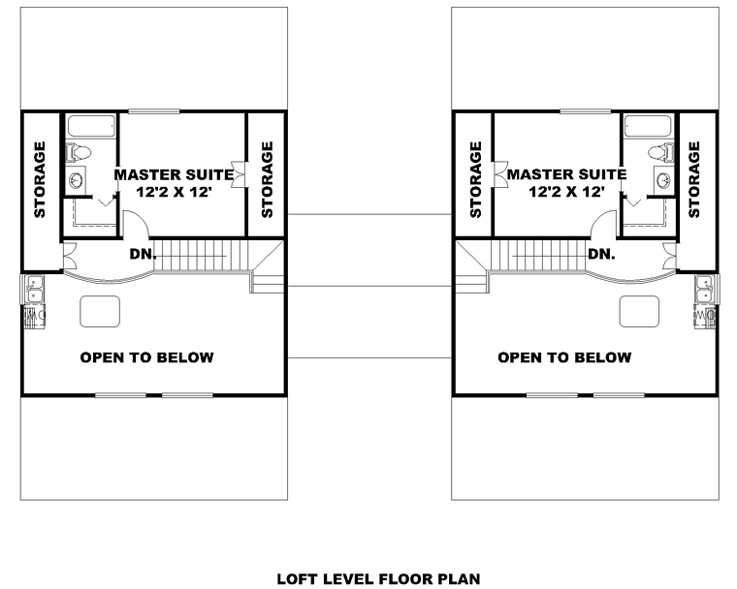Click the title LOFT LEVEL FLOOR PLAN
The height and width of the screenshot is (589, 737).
tap(378, 578)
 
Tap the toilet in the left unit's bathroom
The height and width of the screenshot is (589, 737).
tap(78, 152)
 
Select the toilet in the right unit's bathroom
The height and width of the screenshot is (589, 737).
tap(660, 152)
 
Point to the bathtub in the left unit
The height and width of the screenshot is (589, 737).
tap(91, 126)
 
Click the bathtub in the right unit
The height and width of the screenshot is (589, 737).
tap(647, 126)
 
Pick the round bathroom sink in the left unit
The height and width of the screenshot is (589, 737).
tap(76, 179)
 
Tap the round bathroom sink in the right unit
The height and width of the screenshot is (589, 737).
tap(663, 179)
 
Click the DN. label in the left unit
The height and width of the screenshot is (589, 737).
tap(143, 254)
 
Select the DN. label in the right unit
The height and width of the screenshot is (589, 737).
tap(601, 254)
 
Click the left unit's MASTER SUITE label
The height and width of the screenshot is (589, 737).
tap(174, 174)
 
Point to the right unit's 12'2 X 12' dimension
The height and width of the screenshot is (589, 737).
tap(566, 192)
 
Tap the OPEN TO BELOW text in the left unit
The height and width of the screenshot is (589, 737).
tap(147, 357)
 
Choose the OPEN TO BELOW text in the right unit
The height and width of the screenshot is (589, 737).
tap(564, 357)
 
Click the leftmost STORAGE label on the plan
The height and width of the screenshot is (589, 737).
tap(40, 179)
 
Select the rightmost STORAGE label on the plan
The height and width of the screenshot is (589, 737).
tap(694, 179)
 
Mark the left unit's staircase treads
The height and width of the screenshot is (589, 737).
tap(201, 256)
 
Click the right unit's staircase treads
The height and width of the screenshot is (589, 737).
tap(538, 256)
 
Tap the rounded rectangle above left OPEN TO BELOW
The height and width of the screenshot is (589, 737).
tap(100, 311)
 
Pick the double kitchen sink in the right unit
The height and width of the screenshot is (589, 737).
tap(705, 289)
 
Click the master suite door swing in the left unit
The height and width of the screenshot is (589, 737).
tap(137, 224)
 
